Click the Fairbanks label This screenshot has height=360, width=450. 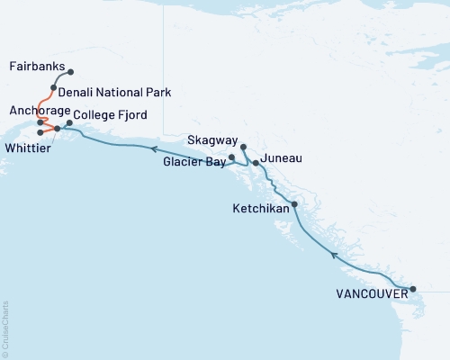tap(35, 67)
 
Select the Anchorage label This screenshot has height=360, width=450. tap(34, 110)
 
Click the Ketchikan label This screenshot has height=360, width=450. tap(262, 208)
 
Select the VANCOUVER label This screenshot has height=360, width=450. tap(368, 293)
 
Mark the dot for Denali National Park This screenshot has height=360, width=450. tap(53, 88)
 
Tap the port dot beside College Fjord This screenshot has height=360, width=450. tap(69, 122)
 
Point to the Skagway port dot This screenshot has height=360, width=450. tap(244, 145)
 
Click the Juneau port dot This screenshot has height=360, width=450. tap(256, 163)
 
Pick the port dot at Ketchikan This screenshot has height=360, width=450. tap(294, 204)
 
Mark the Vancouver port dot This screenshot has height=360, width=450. tap(413, 289)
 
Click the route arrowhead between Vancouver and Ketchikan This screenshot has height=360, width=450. tap(334, 255)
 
